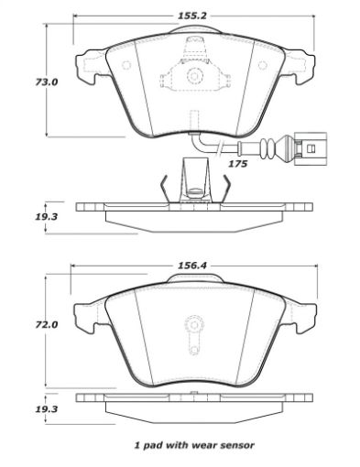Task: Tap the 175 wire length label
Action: coord(237,164)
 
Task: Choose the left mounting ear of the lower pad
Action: coord(85,317)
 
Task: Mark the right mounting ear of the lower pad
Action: coord(304,317)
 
